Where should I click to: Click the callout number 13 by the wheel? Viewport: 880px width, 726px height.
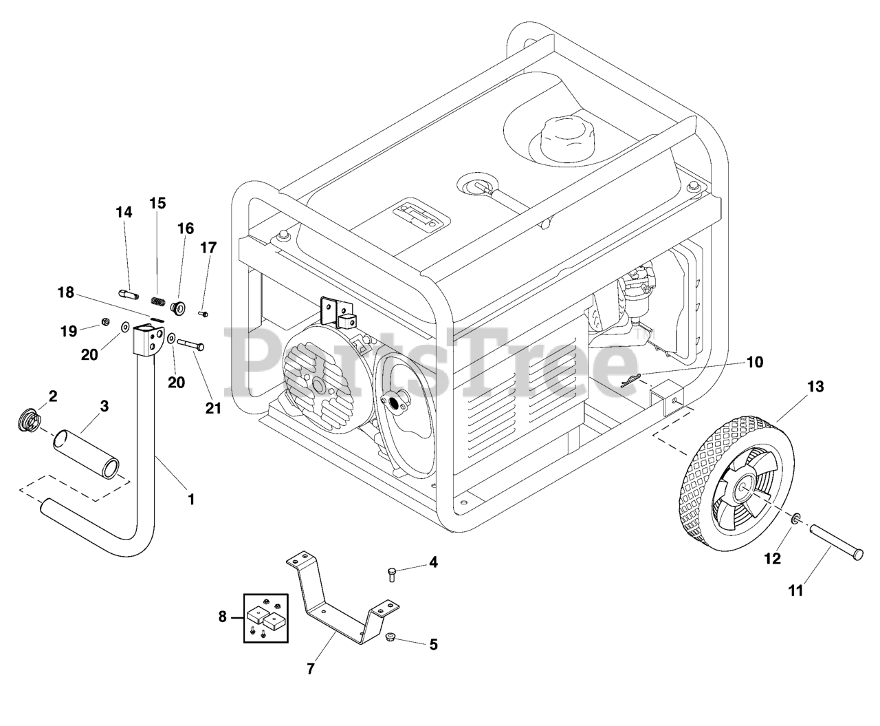tap(815, 387)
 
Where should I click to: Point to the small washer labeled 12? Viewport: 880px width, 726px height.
tap(795, 518)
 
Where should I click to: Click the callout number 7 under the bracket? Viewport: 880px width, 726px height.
tap(311, 668)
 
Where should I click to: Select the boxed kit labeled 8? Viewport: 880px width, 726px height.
tap(265, 617)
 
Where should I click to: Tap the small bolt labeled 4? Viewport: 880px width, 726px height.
tap(391, 572)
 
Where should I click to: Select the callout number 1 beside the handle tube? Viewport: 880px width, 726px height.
tap(191, 499)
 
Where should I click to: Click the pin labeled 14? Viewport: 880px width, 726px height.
tap(129, 295)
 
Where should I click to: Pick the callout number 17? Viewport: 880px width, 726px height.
tap(208, 248)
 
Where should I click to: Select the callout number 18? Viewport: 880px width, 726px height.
tap(66, 292)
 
